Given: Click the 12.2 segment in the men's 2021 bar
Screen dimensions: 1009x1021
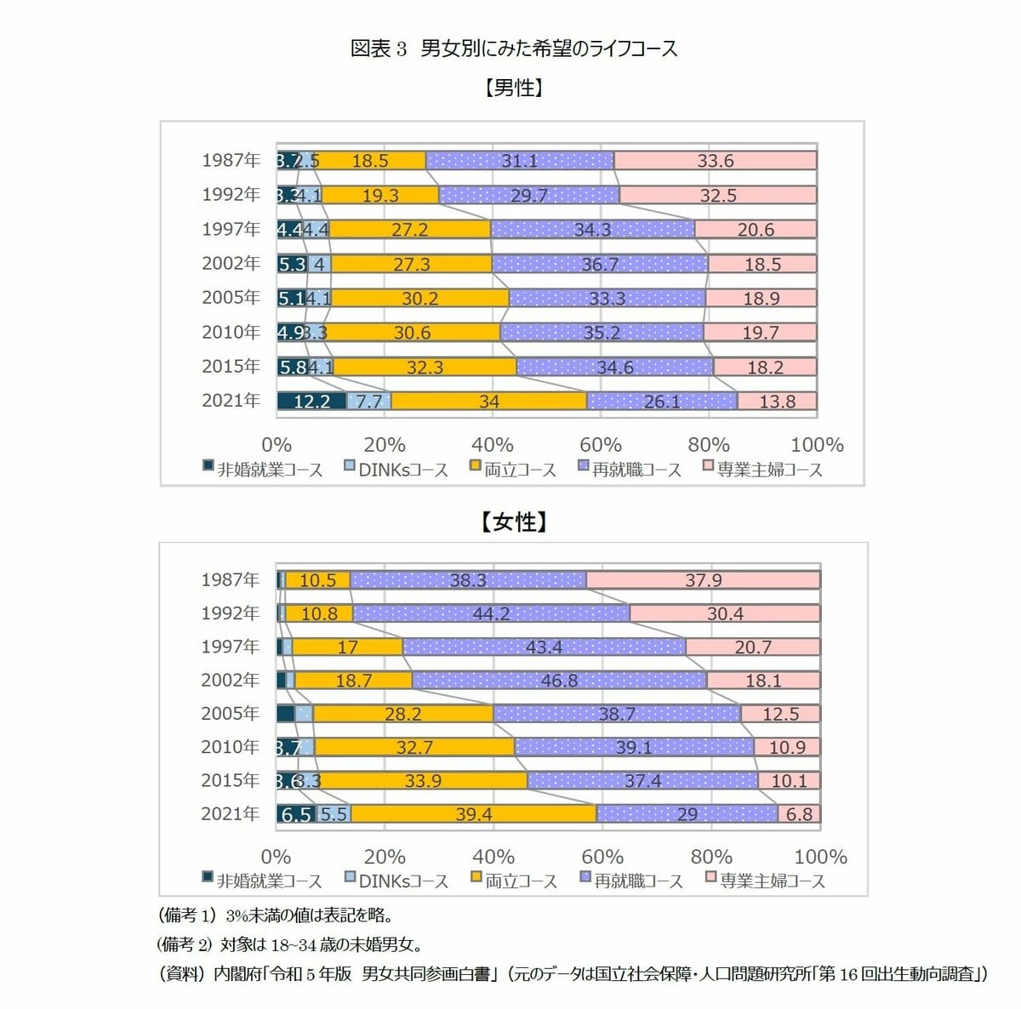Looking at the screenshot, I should coord(311,401).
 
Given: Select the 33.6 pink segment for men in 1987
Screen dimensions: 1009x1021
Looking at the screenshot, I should coord(715,161).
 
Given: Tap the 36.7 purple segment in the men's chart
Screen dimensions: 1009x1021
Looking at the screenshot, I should coord(599,264).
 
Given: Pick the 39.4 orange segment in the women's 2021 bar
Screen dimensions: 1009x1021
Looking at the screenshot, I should coord(473,814).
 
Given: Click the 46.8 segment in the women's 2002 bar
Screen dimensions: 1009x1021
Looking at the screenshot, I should coord(559,681).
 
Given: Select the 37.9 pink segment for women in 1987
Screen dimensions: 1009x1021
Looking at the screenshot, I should coord(703,580).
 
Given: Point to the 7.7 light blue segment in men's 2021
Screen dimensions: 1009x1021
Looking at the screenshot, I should coord(369,401).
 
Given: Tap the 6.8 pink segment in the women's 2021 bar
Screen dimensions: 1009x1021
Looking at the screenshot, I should coord(798,814).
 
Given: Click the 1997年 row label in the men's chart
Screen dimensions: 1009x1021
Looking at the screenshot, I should coord(231,229).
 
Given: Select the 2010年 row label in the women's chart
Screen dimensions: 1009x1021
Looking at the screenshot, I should coord(230,747).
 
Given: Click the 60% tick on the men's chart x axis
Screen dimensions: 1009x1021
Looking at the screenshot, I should coord(601,445).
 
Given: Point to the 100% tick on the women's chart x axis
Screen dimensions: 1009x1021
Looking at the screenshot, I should coord(820,857).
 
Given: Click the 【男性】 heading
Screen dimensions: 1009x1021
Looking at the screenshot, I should coord(514,88).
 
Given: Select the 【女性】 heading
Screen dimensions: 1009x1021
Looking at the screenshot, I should coord(514,522).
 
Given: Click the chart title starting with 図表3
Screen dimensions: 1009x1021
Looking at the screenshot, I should coord(514,48).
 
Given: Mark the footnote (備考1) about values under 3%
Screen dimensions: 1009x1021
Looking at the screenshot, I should coord(277,915).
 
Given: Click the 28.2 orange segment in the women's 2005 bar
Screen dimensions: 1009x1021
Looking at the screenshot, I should coord(402,714).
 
